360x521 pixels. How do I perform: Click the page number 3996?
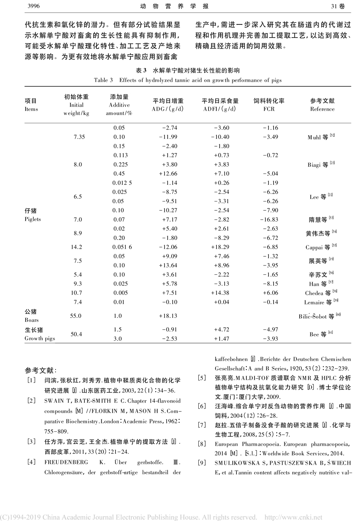(x=32, y=6)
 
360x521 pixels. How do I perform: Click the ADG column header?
(x=168, y=105)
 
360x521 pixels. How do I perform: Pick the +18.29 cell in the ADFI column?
(x=220, y=247)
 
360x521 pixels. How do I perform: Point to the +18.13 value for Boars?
(x=168, y=316)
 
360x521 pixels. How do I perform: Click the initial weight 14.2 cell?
(x=76, y=247)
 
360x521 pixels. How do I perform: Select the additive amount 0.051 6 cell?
(x=122, y=247)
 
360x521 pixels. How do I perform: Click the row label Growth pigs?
(x=40, y=338)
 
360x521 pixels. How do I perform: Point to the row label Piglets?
(x=33, y=219)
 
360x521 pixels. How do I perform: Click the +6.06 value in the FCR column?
(x=270, y=293)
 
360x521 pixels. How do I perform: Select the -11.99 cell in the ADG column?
(x=168, y=137)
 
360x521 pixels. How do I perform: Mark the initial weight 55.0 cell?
(x=76, y=316)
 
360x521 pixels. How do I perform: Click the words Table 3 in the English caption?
(x=104, y=80)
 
